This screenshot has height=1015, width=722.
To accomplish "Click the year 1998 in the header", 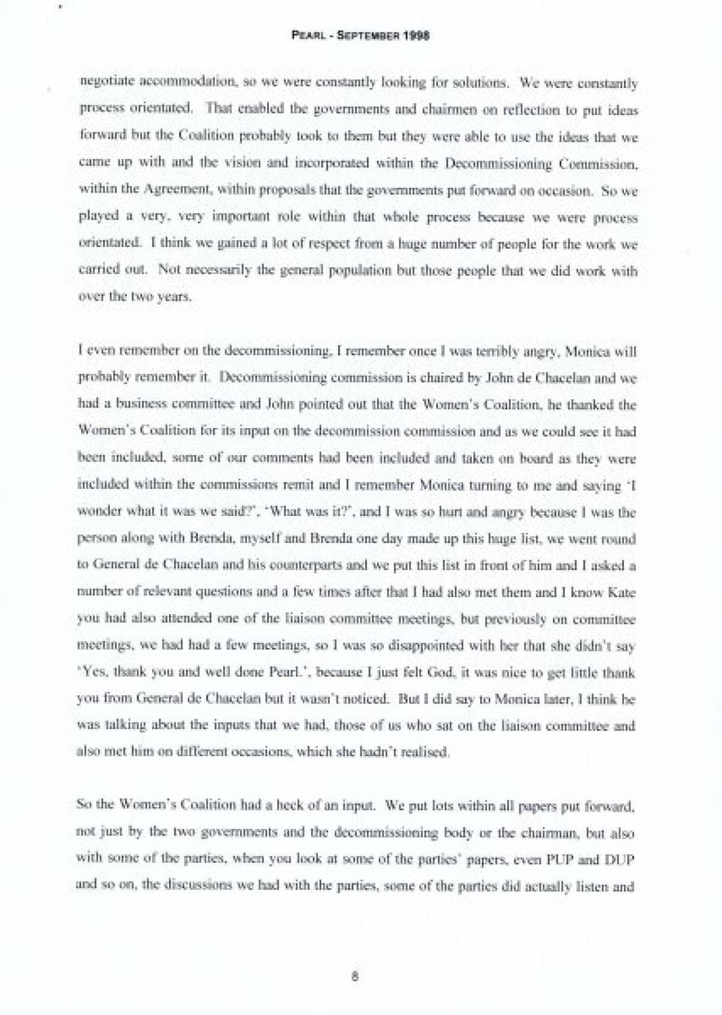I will click(x=416, y=36).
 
